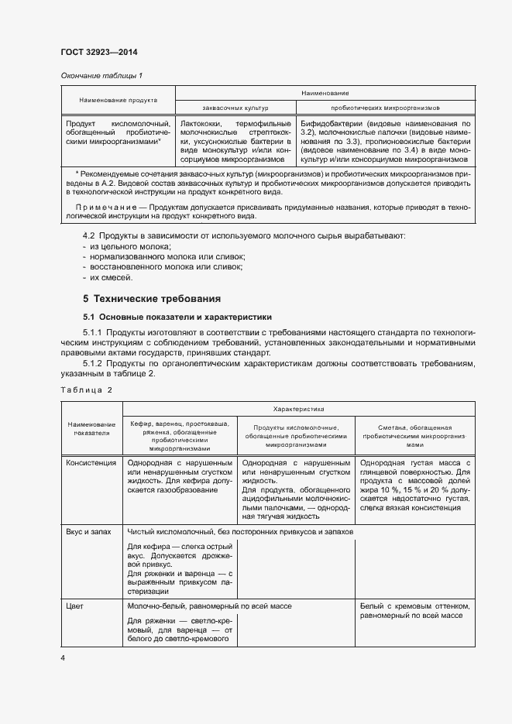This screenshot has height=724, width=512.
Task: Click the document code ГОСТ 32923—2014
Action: pos(98,53)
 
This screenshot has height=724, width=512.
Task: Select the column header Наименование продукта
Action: pos(119,100)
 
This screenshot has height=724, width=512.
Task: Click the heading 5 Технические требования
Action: pos(152,298)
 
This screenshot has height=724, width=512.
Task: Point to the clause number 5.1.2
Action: pos(95,364)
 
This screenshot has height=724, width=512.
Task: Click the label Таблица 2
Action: pos(87,389)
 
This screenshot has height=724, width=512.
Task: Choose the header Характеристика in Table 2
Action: pos(298,407)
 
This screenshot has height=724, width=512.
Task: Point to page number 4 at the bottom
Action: pos(64,657)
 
